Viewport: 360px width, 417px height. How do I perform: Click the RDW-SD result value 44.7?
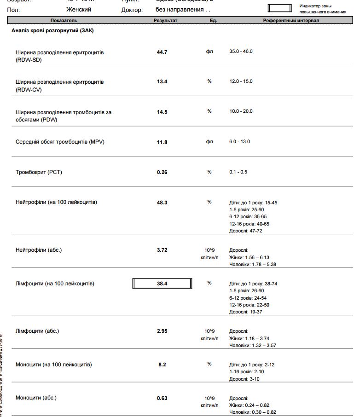162,52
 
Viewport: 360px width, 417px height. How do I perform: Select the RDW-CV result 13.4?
162,81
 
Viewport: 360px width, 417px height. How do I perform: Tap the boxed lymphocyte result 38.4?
162,284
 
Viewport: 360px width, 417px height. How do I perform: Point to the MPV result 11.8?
162,142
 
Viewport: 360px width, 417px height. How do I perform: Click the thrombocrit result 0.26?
162,172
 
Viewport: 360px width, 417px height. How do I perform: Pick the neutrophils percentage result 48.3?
162,202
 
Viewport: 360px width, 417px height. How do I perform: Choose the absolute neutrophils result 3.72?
162,250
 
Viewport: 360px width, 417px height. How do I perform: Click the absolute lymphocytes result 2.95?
162,331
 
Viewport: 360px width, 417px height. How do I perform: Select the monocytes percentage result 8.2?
162,365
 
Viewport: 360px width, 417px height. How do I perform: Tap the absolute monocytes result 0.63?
162,398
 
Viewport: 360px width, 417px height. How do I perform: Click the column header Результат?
165,21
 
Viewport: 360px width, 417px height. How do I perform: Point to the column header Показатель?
64,21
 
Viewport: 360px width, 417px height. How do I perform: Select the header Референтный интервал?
291,21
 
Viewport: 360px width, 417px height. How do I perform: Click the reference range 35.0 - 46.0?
241,52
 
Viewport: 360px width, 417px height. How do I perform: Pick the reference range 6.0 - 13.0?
239,142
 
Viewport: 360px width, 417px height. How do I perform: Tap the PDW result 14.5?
162,112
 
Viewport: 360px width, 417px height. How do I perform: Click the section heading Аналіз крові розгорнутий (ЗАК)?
53,31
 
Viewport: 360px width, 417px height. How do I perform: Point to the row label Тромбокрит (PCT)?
39,172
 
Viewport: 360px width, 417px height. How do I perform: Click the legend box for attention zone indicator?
280,8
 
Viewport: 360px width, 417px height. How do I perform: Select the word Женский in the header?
79,10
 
